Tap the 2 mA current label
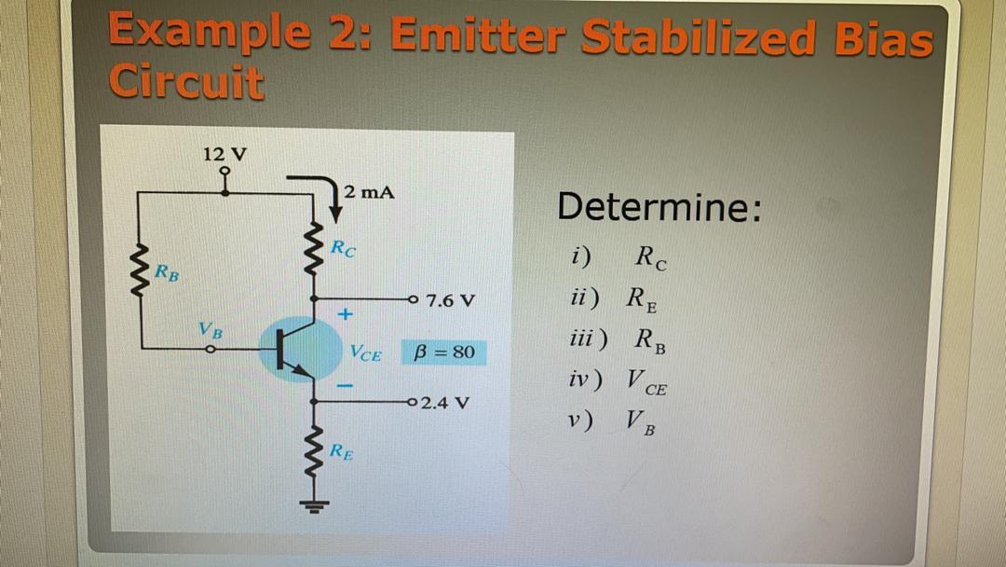(368, 193)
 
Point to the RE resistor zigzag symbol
(315, 455)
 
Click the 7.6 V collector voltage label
(451, 301)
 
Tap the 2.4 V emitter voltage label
(445, 404)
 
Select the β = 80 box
(445, 353)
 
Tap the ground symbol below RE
(315, 508)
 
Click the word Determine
(659, 207)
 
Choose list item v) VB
(616, 422)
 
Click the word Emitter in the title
(477, 37)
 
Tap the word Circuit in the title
(186, 82)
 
